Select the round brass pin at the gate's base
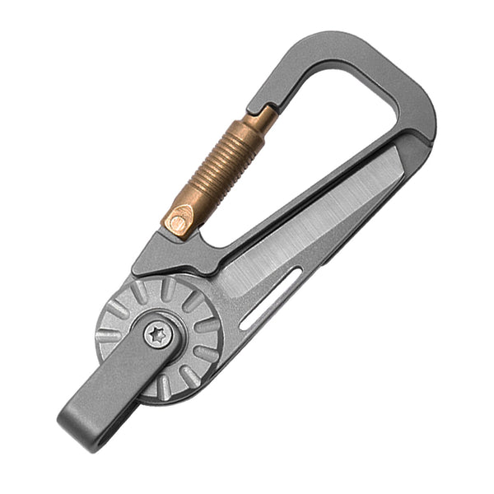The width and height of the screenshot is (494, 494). point(179,218)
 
